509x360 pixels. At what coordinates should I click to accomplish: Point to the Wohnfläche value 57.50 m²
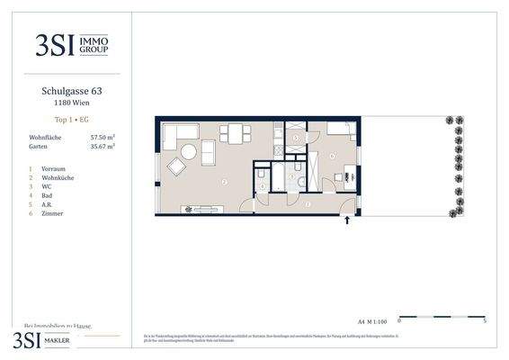(103, 137)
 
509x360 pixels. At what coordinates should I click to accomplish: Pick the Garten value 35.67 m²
(103, 146)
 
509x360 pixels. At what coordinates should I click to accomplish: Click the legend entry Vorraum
(53, 168)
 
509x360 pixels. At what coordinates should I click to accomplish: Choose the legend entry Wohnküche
(57, 177)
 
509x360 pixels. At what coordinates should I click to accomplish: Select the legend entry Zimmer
(53, 214)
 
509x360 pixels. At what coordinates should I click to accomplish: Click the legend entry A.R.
(49, 205)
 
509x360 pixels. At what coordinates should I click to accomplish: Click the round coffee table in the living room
(176, 166)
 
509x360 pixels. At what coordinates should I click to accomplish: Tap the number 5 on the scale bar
(485, 321)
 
